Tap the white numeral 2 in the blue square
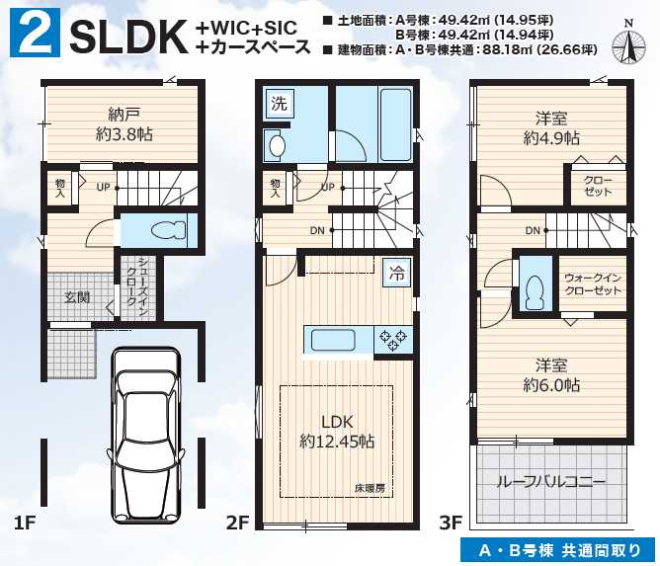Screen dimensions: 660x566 (x=36, y=33)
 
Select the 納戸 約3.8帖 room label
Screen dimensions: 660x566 (x=124, y=124)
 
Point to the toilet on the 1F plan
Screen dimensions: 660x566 (x=168, y=230)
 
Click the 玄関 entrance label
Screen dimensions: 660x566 (x=77, y=297)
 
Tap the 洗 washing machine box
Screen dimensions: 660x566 (x=279, y=103)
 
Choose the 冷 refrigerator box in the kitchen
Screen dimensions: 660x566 (x=396, y=273)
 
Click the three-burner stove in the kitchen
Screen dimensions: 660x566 (x=393, y=339)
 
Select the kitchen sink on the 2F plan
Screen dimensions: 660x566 (x=333, y=340)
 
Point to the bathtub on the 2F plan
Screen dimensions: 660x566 (x=395, y=124)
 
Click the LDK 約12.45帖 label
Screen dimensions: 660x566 (x=337, y=432)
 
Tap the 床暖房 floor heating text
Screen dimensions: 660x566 (x=370, y=488)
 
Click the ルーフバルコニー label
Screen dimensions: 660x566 (x=551, y=481)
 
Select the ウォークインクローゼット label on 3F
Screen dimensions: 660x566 (x=593, y=284)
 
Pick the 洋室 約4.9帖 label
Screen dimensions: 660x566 (x=551, y=128)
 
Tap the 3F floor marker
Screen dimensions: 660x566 (x=451, y=523)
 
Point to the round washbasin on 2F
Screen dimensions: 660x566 (x=277, y=146)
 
